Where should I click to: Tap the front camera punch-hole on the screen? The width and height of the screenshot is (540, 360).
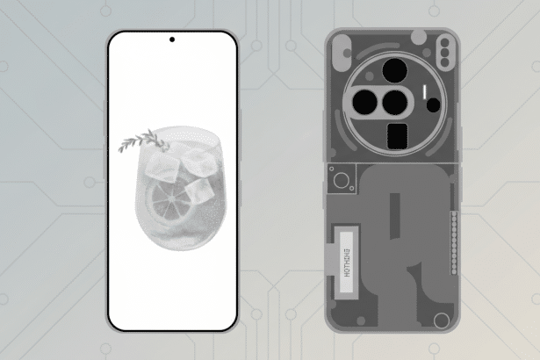click(x=171, y=40)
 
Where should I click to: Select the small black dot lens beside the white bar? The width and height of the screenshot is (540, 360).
click(x=432, y=104)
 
